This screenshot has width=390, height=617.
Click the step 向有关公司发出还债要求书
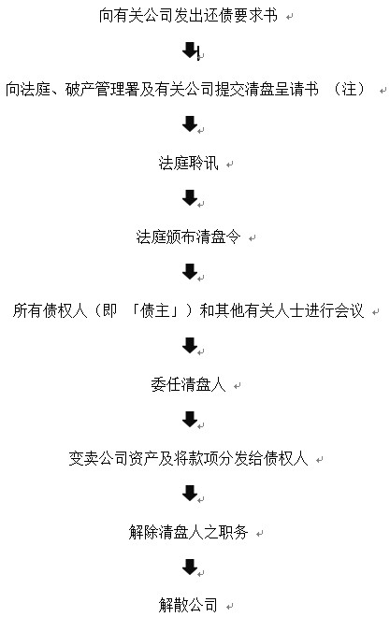(x=188, y=15)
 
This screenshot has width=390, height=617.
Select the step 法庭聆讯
(x=188, y=163)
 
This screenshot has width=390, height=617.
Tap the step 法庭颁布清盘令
(x=188, y=237)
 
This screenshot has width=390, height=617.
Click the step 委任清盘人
(x=188, y=384)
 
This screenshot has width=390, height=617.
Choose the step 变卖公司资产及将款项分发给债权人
(x=188, y=458)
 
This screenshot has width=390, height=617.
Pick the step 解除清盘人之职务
(x=188, y=533)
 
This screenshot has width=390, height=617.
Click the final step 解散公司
(x=188, y=605)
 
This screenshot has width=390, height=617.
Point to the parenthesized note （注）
(x=349, y=90)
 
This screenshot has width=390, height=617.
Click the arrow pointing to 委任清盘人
(x=190, y=345)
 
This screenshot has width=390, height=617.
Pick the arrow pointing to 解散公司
(x=190, y=567)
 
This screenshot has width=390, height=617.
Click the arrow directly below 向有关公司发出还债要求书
(x=191, y=50)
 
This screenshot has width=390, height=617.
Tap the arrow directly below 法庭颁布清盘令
(x=190, y=271)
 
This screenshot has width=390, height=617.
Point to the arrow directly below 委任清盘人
(x=190, y=419)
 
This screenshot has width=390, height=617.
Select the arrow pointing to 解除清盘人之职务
(x=190, y=493)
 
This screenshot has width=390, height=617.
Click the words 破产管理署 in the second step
(x=102, y=90)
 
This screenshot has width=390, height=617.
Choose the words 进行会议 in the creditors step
(x=334, y=311)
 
